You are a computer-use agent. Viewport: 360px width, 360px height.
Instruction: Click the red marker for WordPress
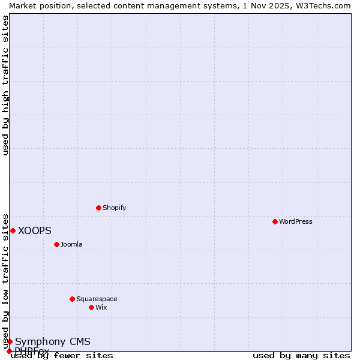coord(275,221)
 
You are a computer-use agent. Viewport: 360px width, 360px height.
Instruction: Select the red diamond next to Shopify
coord(98,208)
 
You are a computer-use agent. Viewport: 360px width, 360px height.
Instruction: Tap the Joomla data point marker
coord(56,244)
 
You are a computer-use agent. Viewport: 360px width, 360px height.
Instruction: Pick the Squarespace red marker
coord(72,299)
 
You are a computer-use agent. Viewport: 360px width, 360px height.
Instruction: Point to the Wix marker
coord(91,307)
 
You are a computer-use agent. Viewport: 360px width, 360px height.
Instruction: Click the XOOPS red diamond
coord(13,230)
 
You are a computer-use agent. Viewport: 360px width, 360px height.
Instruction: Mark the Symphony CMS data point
coord(10,341)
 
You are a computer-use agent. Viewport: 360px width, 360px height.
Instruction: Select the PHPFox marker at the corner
coord(9,351)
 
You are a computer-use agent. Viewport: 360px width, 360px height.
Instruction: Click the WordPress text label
coord(296,221)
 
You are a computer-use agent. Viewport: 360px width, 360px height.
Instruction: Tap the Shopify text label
coord(114,208)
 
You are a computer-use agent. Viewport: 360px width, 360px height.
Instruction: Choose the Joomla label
coord(71,244)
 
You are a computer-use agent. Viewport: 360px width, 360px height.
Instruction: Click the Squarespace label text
coord(97,299)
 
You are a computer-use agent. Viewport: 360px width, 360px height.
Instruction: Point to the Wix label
coord(101,307)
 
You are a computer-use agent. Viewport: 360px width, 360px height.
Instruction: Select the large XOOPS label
coord(35,230)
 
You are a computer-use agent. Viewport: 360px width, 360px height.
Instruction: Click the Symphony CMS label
coord(53,341)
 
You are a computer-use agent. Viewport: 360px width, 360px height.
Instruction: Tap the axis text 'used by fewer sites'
coord(62,356)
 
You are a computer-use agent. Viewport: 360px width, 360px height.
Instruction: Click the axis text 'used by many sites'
coord(301,356)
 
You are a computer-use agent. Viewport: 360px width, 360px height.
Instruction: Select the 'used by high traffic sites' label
coord(5,85)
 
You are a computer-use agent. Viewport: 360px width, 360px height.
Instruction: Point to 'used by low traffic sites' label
coord(5,281)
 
